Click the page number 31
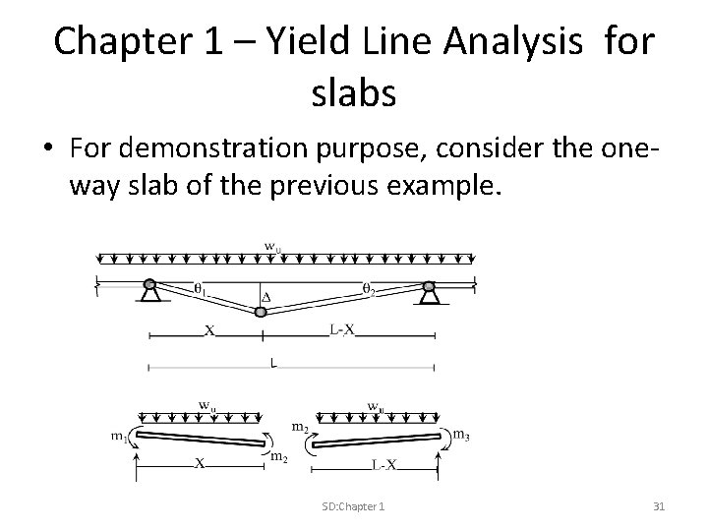659,505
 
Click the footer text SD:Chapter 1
353,505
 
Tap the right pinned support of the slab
428,290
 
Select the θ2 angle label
370,288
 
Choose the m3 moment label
460,434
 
